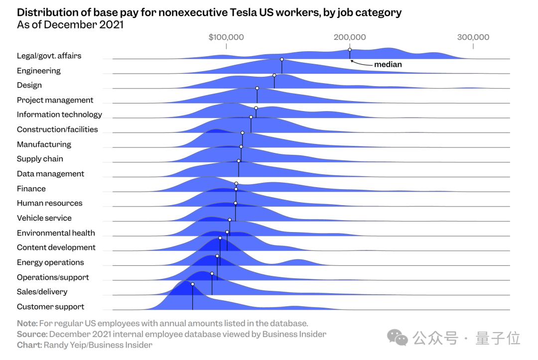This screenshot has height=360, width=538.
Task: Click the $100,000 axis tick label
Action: coord(226,37)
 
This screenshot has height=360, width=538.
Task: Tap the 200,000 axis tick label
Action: coord(350,37)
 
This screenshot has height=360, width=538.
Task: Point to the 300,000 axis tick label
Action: coord(473,37)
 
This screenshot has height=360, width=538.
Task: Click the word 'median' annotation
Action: coord(388,64)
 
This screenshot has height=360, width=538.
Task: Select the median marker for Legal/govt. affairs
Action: coord(350,50)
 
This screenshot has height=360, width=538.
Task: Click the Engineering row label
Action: coord(39,71)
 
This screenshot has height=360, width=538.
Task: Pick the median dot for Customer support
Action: coord(192,284)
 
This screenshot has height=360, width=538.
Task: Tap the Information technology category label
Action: coord(59,115)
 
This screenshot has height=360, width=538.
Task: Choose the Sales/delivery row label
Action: coord(42,292)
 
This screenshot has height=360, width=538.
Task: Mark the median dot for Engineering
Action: coord(282,59)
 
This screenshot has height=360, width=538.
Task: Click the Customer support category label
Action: coord(50,307)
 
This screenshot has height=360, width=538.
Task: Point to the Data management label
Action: coord(50,174)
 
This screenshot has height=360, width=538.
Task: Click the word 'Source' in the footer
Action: coord(31,334)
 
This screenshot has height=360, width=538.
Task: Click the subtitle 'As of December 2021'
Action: coord(70,25)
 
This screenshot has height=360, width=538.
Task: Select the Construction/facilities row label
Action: coord(57,129)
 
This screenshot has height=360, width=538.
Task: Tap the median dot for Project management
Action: coord(257,88)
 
